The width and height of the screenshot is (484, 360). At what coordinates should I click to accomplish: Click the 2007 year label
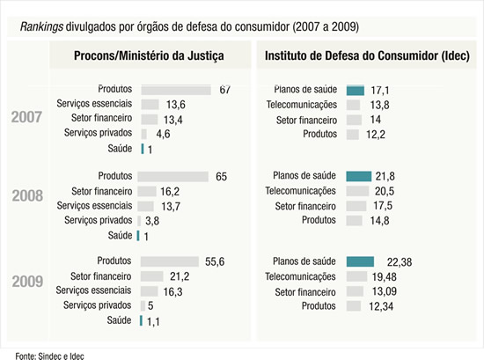tap(28, 119)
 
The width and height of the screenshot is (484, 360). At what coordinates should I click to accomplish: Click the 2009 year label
tap(28, 282)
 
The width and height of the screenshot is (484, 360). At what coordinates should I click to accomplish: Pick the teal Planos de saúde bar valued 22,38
tap(360, 261)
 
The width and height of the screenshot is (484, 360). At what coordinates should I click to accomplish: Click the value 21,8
tap(385, 176)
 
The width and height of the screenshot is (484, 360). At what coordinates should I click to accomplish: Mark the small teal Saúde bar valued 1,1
tap(139, 321)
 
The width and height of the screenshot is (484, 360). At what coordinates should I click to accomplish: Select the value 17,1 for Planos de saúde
tap(381, 90)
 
